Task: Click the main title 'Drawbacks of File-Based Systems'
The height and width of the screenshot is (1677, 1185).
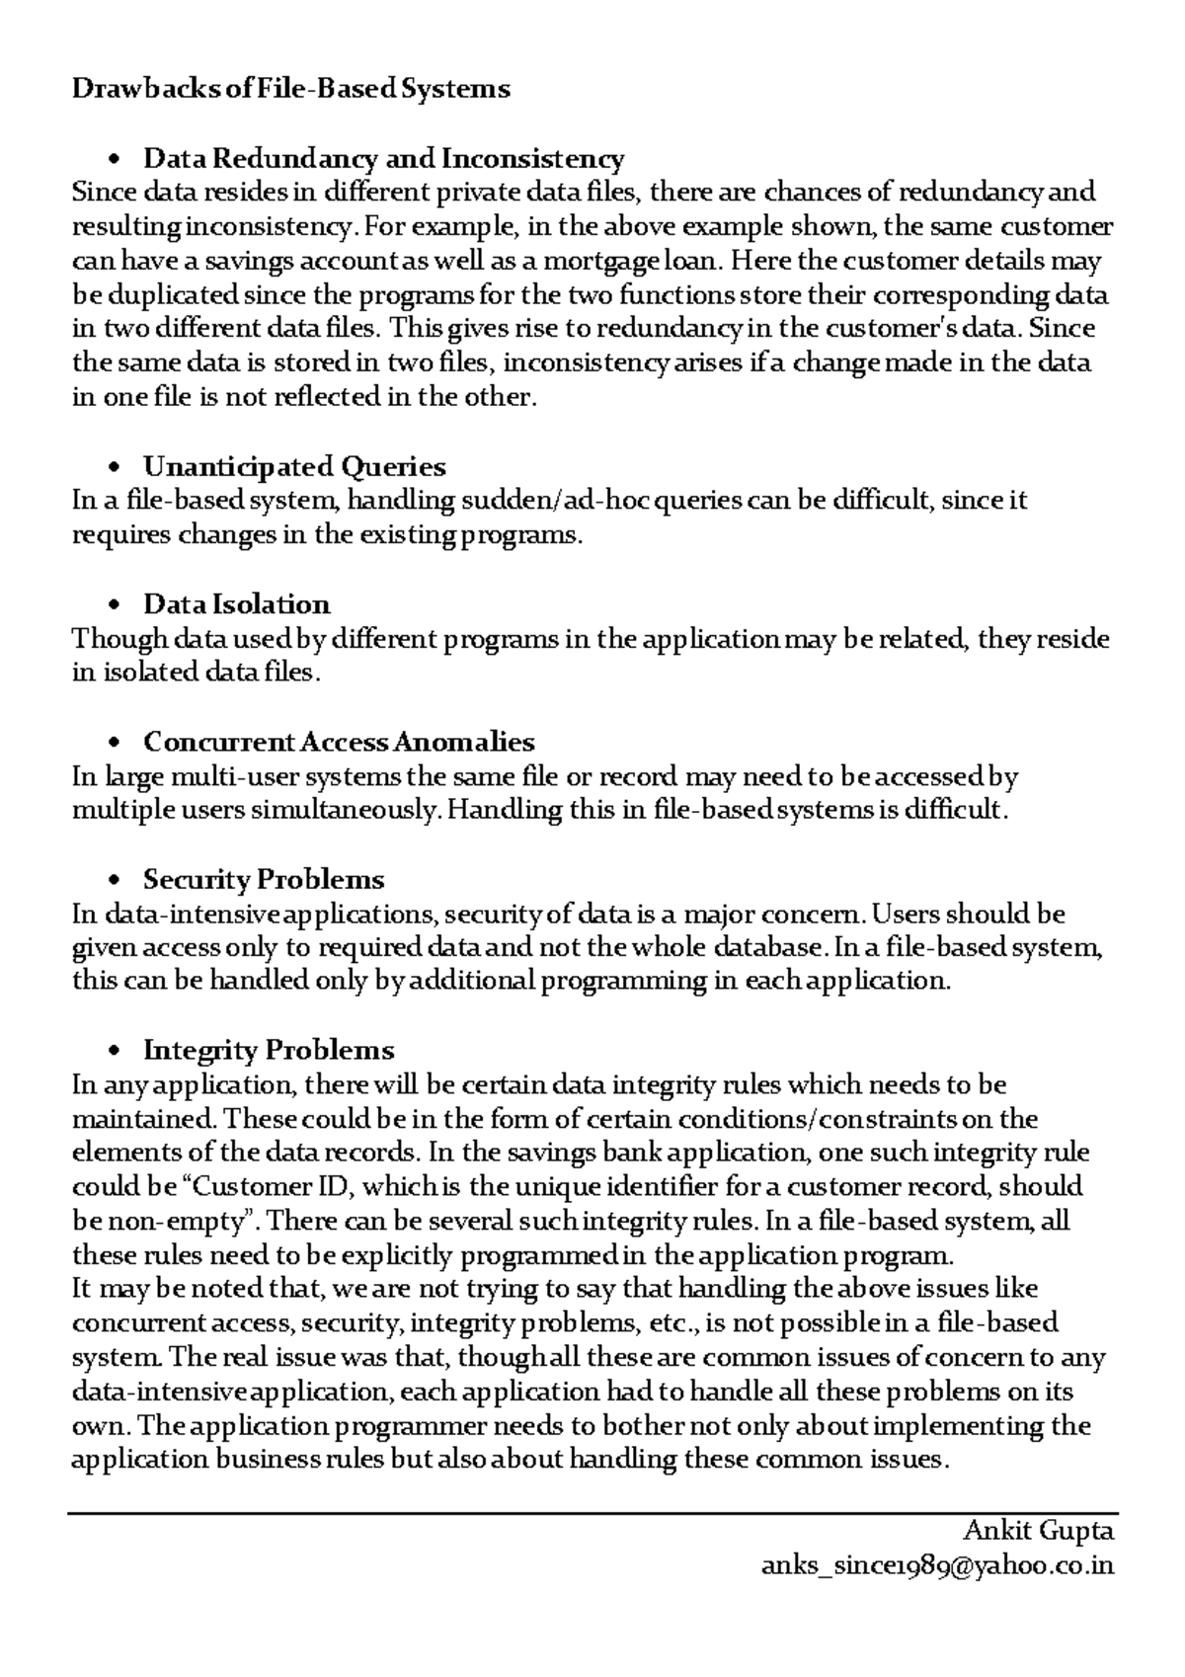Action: tap(291, 89)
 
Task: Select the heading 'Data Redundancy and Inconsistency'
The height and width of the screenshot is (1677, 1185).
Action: tap(383, 158)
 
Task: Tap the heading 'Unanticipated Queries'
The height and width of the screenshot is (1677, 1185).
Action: tap(294, 466)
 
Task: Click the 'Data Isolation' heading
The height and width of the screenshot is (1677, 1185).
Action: tap(236, 603)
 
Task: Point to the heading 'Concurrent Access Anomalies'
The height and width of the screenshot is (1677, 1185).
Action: tap(339, 741)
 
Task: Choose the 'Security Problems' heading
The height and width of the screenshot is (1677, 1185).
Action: tap(264, 879)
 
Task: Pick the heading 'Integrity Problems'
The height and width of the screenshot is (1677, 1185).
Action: tap(269, 1049)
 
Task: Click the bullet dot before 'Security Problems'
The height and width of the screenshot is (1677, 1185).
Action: tap(116, 880)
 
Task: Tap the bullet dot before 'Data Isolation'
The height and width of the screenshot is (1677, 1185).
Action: tap(116, 604)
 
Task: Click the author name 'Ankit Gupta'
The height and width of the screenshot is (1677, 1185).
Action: tap(1038, 1531)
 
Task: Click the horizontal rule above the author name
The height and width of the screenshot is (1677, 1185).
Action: tap(592, 1512)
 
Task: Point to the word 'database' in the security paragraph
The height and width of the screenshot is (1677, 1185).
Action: tap(759, 947)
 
